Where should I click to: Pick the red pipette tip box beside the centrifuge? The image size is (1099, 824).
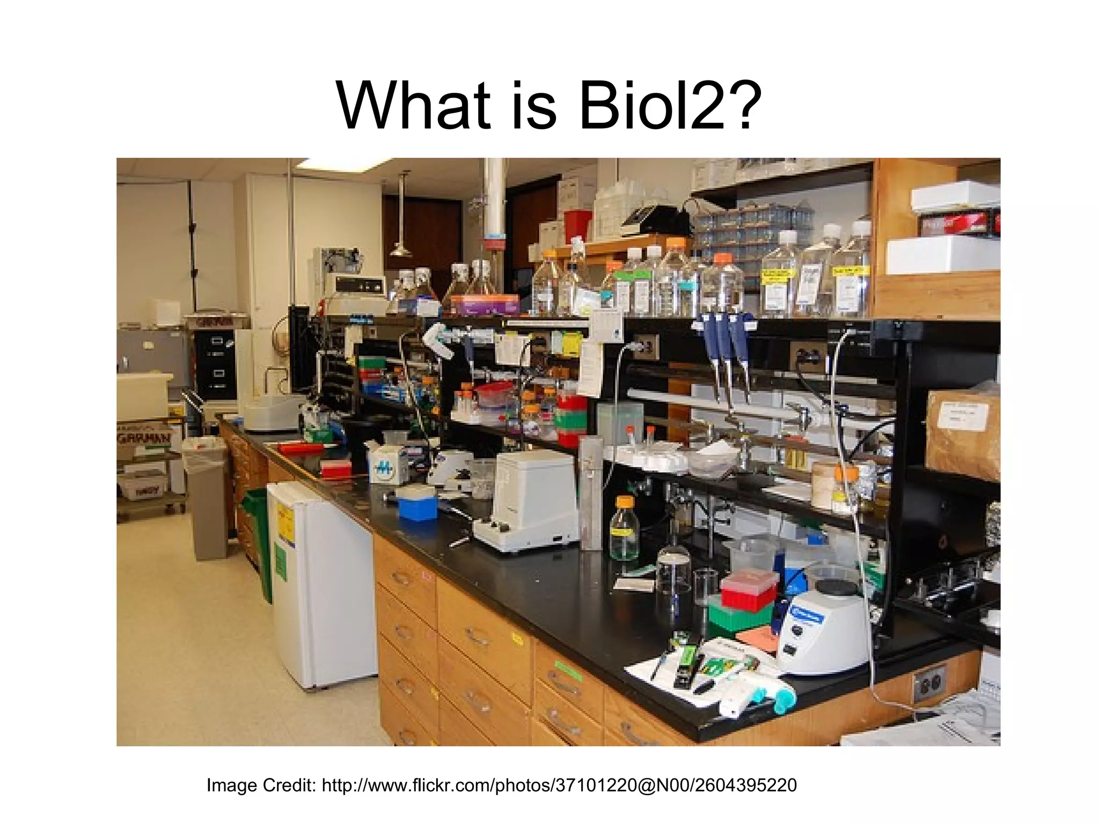click(749, 590)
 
